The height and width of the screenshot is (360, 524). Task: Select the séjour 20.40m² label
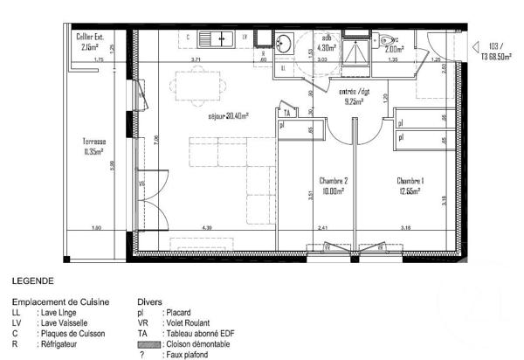(228, 115)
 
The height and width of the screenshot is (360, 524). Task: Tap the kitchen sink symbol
(214, 38)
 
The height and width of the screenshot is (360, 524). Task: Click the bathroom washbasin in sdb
(284, 43)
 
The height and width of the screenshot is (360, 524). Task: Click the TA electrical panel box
(285, 112)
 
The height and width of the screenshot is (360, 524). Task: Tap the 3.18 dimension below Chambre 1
(407, 228)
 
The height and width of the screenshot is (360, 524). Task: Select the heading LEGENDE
(34, 281)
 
